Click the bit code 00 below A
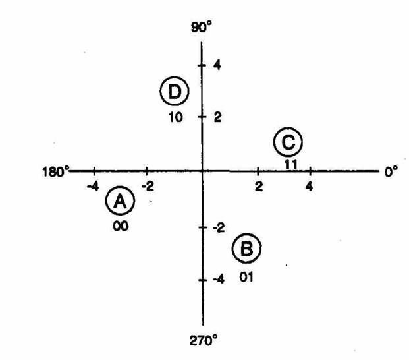pos(121,225)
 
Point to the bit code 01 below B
pos(246,277)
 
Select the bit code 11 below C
pos(291,164)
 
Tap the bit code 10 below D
pos(176,117)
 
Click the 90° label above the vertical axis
pos(201,26)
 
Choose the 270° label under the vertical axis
pos(204,341)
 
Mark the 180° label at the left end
pos(55,172)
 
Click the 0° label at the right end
pos(391,171)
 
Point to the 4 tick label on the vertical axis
pos(217,65)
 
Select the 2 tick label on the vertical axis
pos(218,117)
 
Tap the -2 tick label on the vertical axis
pos(219,228)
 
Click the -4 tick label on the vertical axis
pos(219,280)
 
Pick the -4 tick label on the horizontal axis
pos(93,187)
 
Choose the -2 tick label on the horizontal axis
pos(148,187)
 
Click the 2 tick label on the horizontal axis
pos(258,187)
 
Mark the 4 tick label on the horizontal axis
pos(309,187)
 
